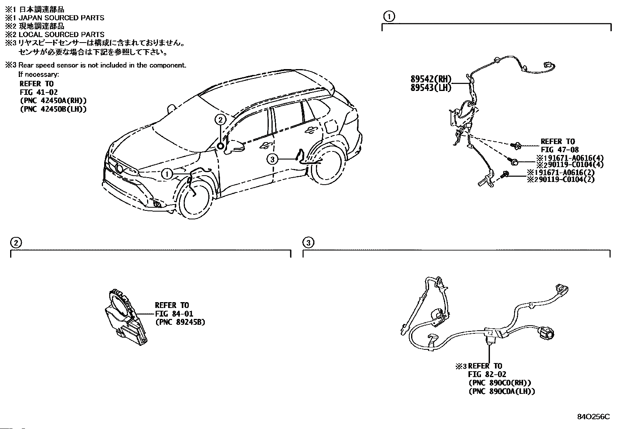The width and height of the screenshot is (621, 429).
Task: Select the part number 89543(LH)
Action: (430, 88)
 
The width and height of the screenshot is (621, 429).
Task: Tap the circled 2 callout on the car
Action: (220, 119)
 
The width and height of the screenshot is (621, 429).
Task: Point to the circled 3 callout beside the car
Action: (272, 158)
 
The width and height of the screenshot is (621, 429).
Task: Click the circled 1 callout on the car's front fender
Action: (167, 174)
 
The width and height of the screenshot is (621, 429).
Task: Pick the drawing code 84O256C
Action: (594, 417)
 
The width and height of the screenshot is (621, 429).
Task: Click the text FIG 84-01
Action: (174, 313)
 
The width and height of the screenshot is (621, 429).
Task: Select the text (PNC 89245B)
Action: (180, 322)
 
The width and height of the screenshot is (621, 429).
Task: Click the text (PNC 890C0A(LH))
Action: (502, 391)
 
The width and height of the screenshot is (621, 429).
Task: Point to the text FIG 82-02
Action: (488, 374)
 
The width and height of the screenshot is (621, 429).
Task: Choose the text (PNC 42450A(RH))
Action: (53, 101)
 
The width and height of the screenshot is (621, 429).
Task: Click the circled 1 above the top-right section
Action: (389, 16)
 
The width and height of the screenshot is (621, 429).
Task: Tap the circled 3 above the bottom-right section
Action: (308, 243)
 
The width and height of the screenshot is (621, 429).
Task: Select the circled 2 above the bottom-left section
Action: (16, 243)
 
